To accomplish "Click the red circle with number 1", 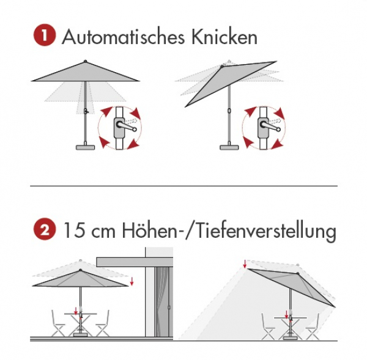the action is tap(45, 36).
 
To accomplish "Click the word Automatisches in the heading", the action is tap(124, 37).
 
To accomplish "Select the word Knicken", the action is tap(224, 36).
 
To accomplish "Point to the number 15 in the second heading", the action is tap(74, 230).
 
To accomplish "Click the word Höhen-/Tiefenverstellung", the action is tap(229, 231).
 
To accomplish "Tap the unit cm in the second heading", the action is tap(103, 232).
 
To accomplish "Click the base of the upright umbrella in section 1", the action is tap(86, 147).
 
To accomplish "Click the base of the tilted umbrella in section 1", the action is tap(229, 147).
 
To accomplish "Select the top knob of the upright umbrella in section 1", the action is tap(85, 61).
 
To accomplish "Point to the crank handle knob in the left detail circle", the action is tap(135, 130).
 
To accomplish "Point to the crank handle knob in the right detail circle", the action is tap(278, 130).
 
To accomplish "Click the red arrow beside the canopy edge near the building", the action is tap(132, 281).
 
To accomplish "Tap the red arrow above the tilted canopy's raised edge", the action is tap(245, 263).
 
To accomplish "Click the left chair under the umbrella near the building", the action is tap(58, 323).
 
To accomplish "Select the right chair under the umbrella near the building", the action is tap(102, 323).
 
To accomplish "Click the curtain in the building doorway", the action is tap(162, 302).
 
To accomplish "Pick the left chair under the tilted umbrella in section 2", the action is tap(269, 326).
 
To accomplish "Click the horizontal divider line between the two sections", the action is tap(183, 186).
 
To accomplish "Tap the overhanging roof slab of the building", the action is tap(135, 262).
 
